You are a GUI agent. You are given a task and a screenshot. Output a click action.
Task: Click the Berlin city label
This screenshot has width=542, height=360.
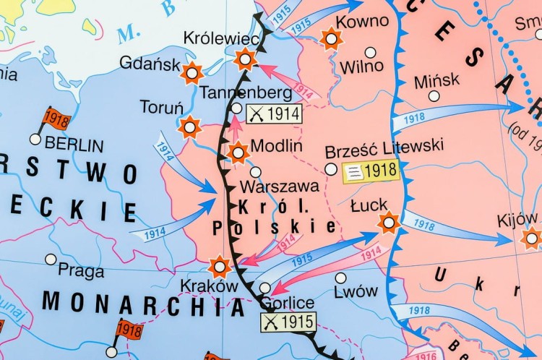click(x=71, y=143)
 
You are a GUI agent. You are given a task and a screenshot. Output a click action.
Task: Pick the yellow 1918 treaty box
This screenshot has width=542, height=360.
click(x=369, y=171)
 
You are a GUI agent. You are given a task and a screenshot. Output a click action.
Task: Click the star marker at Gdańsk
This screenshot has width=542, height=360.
click(x=192, y=72)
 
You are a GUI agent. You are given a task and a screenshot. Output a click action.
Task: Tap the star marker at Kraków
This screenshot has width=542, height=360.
click(x=220, y=267)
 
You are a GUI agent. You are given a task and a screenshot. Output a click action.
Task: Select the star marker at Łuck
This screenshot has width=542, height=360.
click(x=389, y=223)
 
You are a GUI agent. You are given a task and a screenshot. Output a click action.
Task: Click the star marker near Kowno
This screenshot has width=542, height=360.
click(x=332, y=38)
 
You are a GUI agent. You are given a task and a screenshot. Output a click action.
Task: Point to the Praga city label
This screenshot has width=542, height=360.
click(x=81, y=271)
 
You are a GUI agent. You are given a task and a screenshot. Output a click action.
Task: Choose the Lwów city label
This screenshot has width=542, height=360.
click(x=356, y=292)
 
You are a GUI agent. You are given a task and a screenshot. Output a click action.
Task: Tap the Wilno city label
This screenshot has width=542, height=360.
click(x=361, y=68)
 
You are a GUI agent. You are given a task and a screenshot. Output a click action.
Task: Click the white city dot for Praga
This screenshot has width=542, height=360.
click(x=50, y=259)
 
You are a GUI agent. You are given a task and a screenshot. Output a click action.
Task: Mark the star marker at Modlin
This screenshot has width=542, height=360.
click(x=238, y=153)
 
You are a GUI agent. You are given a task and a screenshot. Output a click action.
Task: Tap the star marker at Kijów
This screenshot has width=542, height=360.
click(x=532, y=237)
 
